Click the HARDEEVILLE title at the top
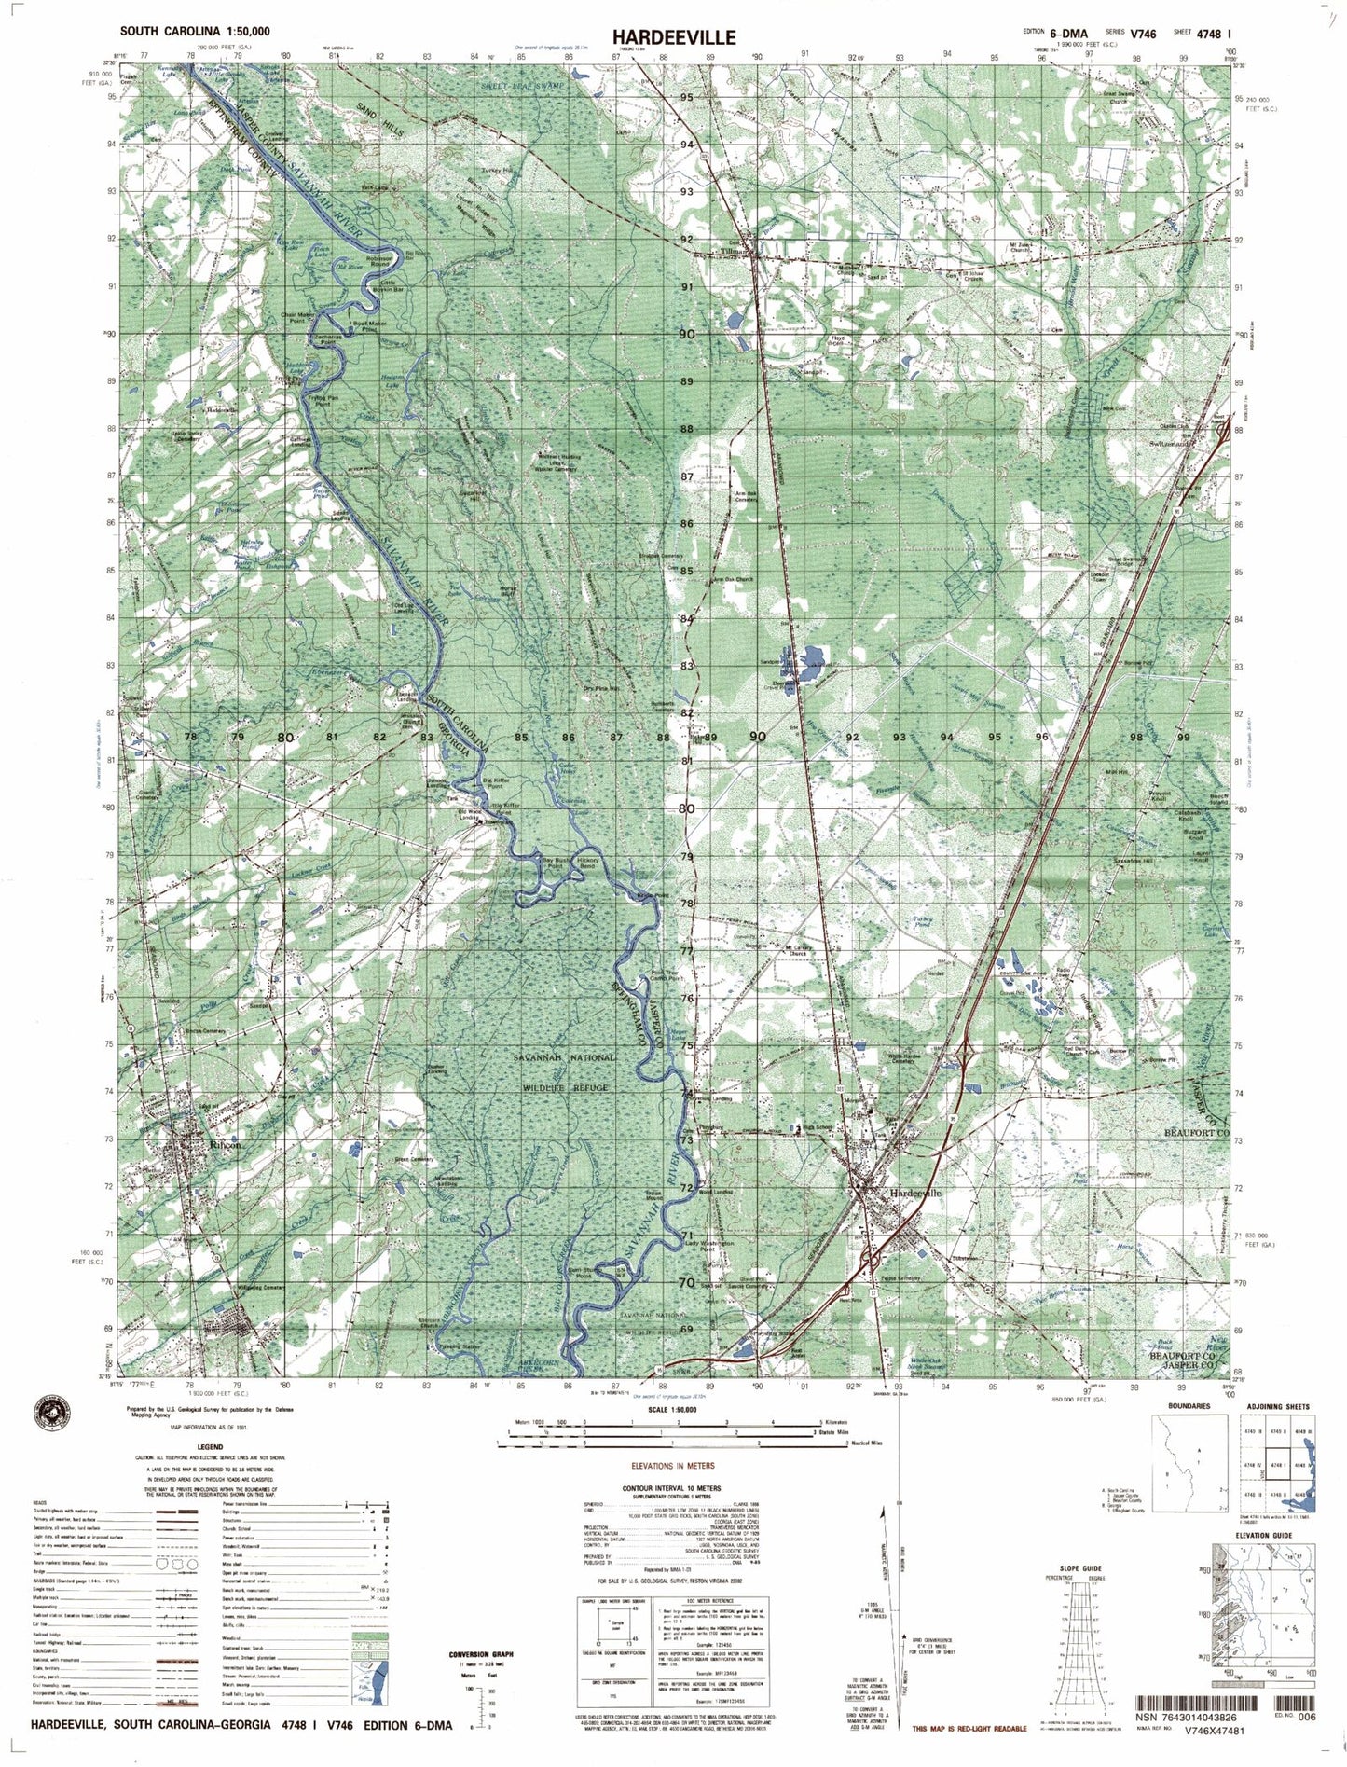click(x=673, y=36)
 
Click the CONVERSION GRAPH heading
click(x=480, y=1654)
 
